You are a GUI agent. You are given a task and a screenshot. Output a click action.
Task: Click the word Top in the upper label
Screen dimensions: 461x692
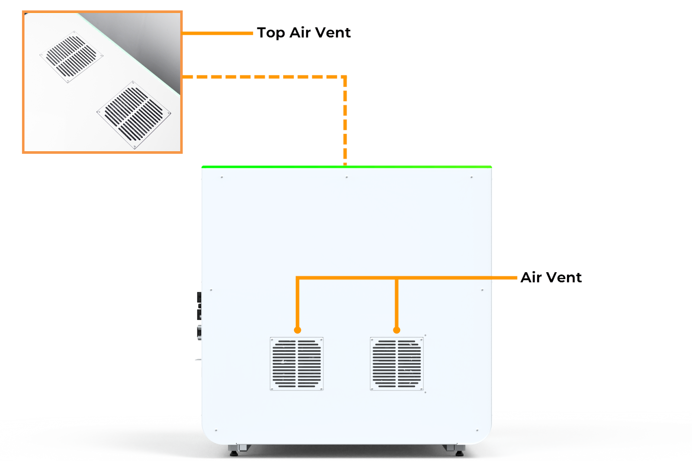[271, 33]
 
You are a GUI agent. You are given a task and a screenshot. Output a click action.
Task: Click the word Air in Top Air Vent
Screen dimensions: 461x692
[300, 33]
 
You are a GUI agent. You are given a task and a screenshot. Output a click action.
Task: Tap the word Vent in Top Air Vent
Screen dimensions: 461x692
[333, 33]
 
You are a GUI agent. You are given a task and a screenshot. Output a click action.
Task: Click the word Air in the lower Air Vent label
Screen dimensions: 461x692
[531, 277]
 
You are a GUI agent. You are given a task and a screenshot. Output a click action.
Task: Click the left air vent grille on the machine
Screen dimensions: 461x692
[297, 364]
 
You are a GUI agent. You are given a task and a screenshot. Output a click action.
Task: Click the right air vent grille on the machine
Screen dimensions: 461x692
[397, 364]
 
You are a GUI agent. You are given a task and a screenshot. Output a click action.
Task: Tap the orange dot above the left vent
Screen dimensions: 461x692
[297, 330]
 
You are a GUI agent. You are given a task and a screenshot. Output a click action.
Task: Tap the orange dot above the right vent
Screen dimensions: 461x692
[397, 330]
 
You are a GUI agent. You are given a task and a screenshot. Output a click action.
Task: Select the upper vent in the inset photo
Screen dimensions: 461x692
[71, 57]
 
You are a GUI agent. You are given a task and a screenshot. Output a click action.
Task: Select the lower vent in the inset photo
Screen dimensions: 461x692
[134, 115]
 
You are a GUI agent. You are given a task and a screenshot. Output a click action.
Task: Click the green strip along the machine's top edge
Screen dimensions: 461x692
[346, 166]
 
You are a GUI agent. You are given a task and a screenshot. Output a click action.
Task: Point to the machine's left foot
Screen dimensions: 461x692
[234, 452]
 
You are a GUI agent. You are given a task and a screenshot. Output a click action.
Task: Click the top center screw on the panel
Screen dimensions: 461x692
[346, 177]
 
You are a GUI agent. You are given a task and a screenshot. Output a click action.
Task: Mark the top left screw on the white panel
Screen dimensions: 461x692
[222, 177]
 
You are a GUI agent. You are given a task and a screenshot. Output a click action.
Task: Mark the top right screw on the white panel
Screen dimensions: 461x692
[471, 177]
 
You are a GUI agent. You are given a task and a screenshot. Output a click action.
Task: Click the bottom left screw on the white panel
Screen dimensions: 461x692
[216, 430]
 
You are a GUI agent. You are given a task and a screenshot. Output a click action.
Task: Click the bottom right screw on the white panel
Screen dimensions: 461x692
[477, 430]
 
